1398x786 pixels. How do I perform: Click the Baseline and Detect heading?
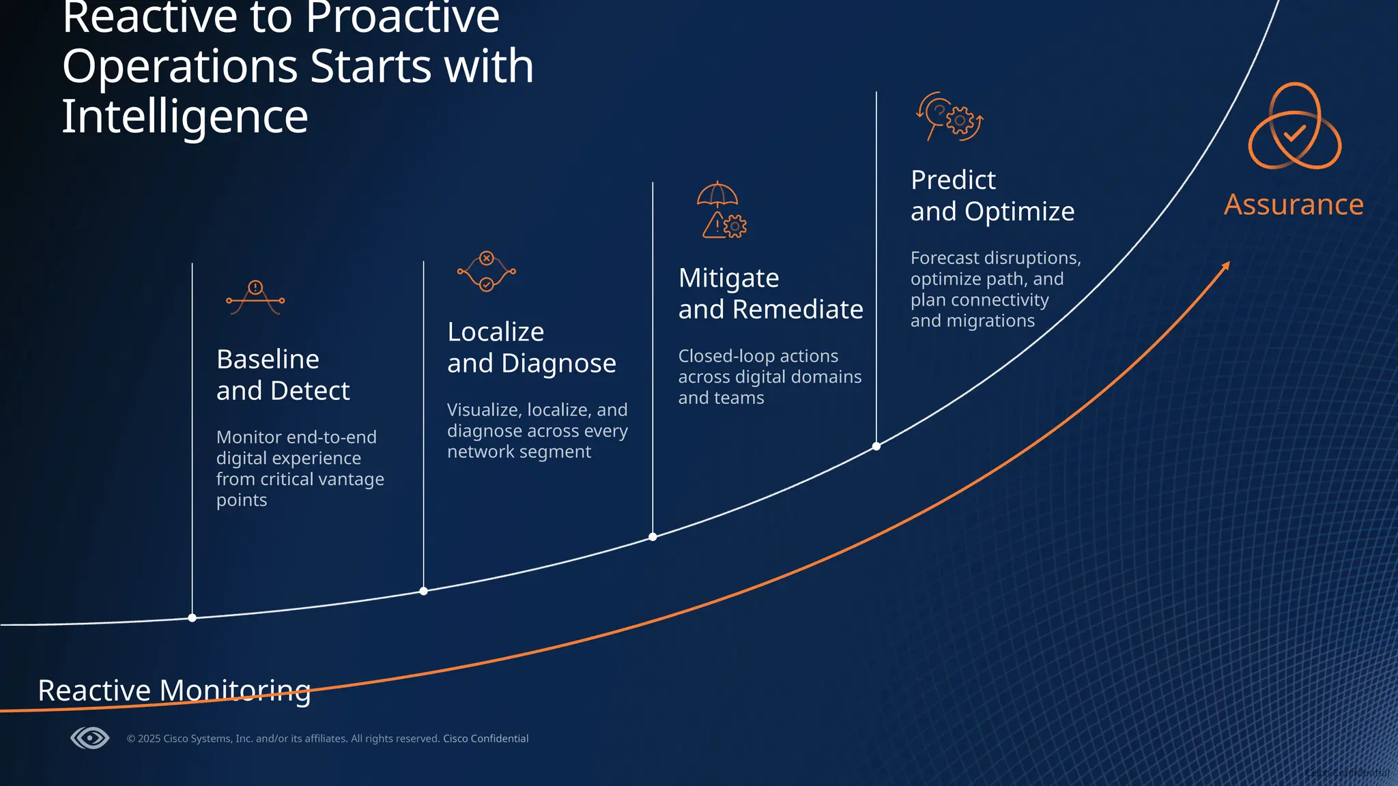click(283, 375)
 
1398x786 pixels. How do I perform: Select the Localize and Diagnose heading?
click(531, 347)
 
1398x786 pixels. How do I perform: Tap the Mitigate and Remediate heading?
click(770, 293)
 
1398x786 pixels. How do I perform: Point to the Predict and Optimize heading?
click(992, 196)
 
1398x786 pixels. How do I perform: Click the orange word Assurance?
click(1294, 205)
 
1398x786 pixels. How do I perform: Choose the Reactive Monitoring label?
click(174, 690)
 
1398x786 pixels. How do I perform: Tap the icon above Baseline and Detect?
click(255, 297)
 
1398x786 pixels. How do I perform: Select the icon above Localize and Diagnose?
click(486, 272)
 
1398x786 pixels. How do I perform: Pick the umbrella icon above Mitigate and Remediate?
click(717, 194)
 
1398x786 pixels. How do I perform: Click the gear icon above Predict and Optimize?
click(960, 121)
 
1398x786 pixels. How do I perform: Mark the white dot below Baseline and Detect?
click(192, 618)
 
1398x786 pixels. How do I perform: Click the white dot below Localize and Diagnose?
click(424, 591)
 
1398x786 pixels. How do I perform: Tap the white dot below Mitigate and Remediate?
click(653, 537)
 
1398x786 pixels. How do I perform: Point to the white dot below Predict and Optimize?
click(876, 446)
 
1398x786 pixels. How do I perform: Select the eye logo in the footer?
click(89, 738)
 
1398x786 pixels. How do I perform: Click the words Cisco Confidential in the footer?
click(485, 738)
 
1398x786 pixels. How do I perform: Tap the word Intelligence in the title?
click(185, 116)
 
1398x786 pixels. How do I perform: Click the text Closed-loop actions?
click(758, 356)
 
